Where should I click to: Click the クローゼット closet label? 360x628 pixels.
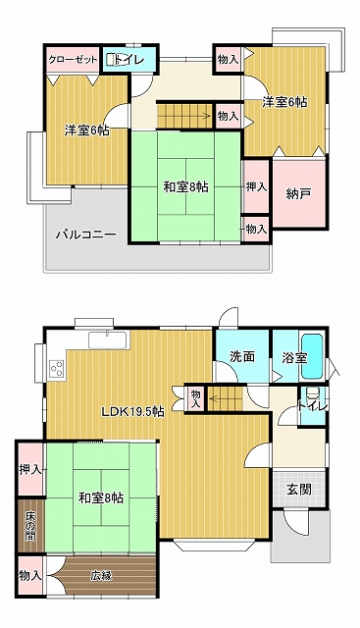73,60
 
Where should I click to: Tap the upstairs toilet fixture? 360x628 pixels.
111,59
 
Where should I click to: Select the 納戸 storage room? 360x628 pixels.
299,193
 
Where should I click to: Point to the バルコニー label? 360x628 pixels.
86,234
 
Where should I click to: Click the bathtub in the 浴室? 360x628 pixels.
312,356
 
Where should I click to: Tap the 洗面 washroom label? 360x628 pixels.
242,356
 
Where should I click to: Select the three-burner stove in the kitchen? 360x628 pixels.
57,368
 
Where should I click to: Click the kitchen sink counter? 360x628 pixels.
109,340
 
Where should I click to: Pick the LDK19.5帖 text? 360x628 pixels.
132,412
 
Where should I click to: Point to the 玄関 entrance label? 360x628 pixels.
299,489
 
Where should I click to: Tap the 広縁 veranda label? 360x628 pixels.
100,576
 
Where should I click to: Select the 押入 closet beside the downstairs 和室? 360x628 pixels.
30,469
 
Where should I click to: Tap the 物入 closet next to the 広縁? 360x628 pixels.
30,576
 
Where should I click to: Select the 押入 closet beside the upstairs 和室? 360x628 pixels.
256,186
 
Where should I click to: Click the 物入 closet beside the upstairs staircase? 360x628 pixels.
228,116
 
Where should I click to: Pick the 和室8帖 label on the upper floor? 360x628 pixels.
185,186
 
